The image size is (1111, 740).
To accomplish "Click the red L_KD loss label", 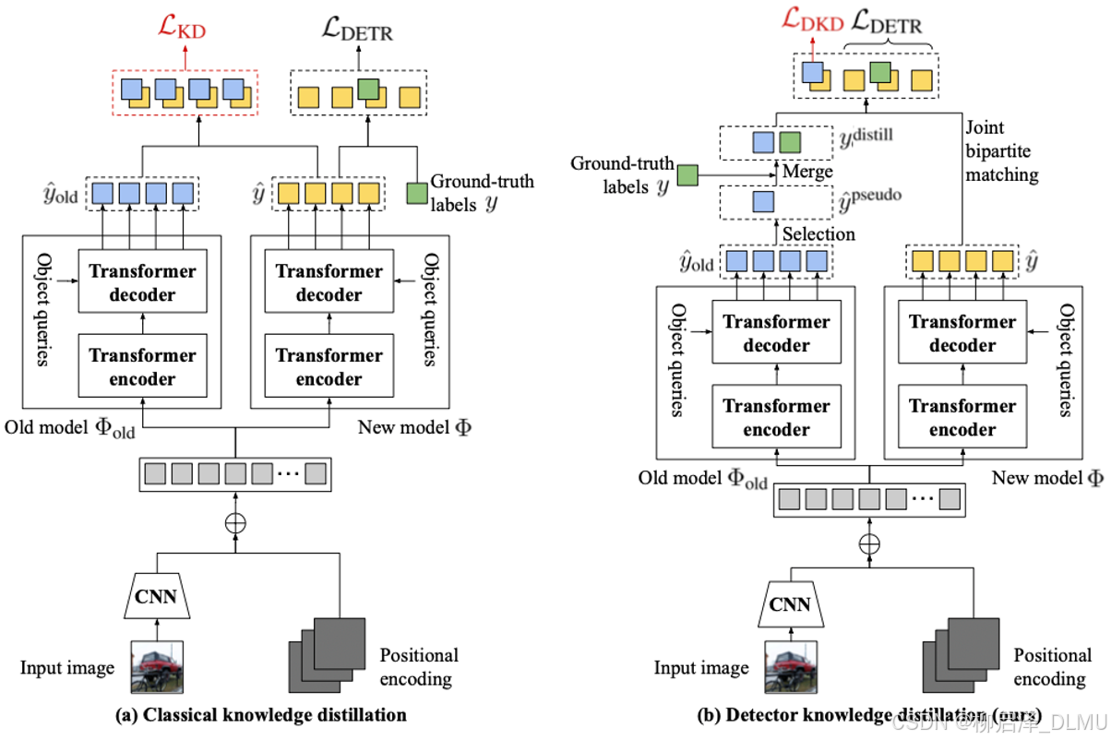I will (185, 31).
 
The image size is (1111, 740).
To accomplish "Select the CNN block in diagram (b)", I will (790, 604).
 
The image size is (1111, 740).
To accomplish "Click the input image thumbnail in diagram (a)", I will (157, 666).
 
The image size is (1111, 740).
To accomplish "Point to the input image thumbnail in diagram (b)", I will (791, 667).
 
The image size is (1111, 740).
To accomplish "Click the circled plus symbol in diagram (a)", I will (236, 522).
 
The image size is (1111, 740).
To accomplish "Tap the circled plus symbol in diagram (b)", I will (869, 543).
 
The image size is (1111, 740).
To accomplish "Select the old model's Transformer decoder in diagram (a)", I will (142, 283).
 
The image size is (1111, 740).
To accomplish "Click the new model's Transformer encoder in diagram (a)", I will (329, 367).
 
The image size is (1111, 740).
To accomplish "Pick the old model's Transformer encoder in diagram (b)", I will (776, 418).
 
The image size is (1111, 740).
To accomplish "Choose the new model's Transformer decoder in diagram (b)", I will (962, 334).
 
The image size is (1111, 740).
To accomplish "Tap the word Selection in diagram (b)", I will (818, 233).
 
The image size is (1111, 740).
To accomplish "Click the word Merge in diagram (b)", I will (807, 172).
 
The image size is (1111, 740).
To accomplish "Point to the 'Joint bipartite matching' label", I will (1001, 150).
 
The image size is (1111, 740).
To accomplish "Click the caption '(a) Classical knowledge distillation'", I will (260, 714).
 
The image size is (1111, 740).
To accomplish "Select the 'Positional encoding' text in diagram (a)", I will (418, 667).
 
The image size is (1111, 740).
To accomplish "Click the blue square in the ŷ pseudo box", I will (763, 202).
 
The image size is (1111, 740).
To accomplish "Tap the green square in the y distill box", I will (789, 142).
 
